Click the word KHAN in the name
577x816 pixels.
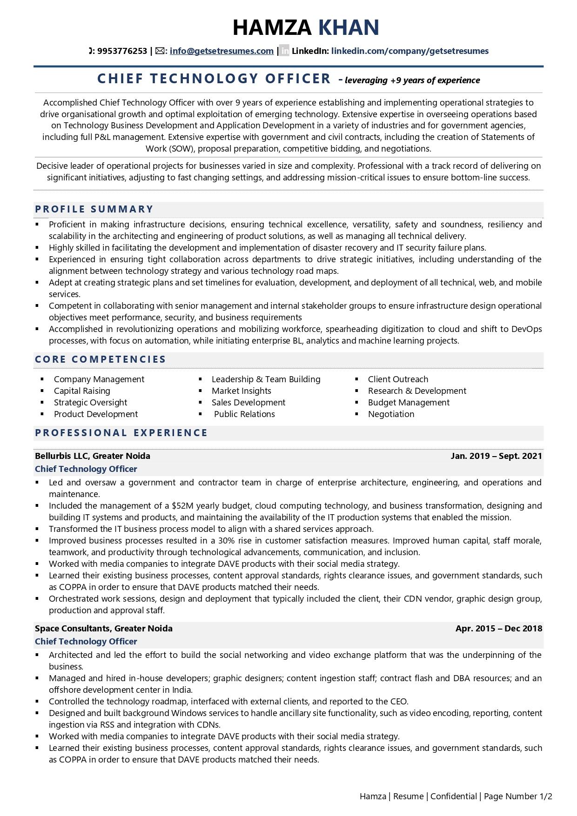349,27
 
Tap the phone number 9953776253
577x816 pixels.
122,51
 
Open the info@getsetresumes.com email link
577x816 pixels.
221,51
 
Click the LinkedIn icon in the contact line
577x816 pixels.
284,51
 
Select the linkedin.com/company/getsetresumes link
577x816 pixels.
409,51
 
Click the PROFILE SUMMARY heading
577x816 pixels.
94,209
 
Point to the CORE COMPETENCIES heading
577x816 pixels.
101,359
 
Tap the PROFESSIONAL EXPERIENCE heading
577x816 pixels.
121,433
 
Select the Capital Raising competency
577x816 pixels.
82,391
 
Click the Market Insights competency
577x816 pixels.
241,391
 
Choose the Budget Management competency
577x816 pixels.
409,403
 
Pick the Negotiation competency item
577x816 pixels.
391,414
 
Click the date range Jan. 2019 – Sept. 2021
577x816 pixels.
496,456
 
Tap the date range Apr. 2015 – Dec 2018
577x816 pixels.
498,629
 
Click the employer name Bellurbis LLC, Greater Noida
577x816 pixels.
93,456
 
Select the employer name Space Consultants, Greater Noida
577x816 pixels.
104,629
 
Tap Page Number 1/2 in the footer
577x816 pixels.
517,796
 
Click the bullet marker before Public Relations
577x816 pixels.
201,414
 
